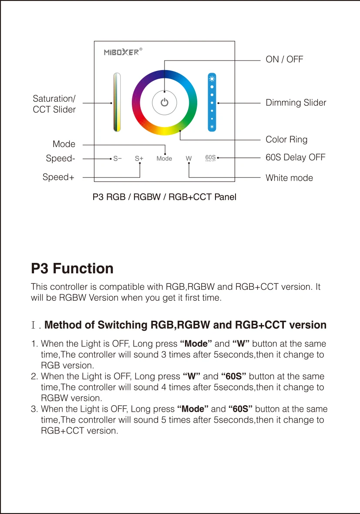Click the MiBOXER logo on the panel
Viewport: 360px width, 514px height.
click(x=121, y=52)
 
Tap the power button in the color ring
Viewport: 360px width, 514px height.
click(x=164, y=103)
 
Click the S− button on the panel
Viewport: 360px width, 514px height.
click(x=118, y=158)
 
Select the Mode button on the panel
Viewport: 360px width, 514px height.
click(x=164, y=158)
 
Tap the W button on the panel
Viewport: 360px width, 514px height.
click(x=188, y=158)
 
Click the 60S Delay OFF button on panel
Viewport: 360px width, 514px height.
click(x=211, y=158)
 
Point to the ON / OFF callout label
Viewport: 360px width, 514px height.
click(x=284, y=59)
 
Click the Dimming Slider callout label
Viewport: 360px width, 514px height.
click(x=296, y=103)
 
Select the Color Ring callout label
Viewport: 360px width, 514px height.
click(x=286, y=139)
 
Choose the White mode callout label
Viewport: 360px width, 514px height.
click(x=289, y=178)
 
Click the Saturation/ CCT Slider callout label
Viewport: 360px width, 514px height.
click(x=54, y=104)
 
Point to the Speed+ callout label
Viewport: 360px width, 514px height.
click(x=58, y=177)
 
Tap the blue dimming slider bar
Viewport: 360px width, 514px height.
click(x=212, y=103)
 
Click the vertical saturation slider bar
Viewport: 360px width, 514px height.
click(x=117, y=102)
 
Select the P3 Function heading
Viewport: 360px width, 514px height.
click(x=72, y=269)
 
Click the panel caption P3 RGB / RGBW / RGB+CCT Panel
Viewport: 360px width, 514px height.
click(x=165, y=197)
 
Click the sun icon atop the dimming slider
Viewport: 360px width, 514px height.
click(x=212, y=79)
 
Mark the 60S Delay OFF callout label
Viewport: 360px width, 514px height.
click(x=296, y=157)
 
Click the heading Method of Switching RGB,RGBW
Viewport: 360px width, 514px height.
click(x=185, y=325)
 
